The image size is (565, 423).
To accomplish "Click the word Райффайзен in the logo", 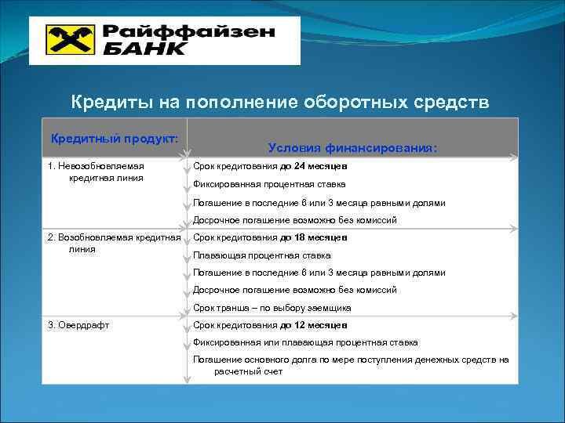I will click(188, 32).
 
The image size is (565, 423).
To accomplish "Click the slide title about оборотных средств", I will click(280, 103).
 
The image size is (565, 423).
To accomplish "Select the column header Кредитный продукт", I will click(115, 139).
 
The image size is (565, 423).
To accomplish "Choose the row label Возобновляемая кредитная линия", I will click(114, 243).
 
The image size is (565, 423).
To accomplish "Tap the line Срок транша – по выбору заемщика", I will click(272, 308).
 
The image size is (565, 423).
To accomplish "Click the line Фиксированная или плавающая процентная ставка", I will click(305, 342).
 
